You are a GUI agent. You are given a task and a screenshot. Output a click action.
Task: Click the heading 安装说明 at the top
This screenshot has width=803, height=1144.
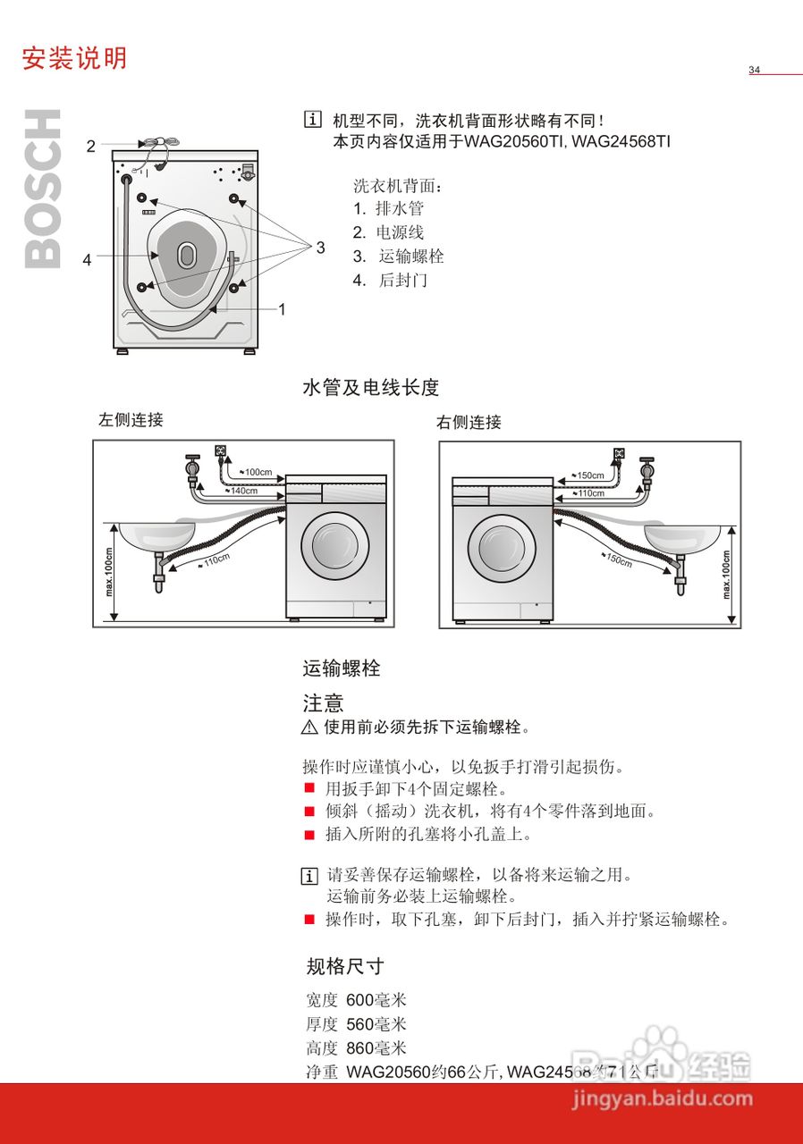click(75, 58)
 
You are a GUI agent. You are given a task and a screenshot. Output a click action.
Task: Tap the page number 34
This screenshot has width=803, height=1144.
click(754, 70)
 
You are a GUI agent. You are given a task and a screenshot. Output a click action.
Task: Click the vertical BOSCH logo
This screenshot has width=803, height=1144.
click(43, 189)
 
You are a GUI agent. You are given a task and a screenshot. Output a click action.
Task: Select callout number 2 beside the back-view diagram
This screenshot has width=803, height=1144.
click(90, 147)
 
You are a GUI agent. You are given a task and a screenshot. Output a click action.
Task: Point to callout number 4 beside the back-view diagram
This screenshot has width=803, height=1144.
click(87, 260)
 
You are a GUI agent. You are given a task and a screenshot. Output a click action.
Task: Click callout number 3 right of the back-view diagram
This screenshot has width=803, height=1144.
click(320, 248)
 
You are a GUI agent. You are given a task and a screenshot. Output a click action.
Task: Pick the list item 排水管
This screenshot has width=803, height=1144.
click(399, 208)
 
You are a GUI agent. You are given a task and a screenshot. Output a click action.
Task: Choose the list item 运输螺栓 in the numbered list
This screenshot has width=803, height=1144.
click(410, 257)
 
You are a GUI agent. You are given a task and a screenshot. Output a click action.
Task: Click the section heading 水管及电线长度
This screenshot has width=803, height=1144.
click(371, 387)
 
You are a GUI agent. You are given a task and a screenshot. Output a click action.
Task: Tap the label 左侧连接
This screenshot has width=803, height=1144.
click(131, 419)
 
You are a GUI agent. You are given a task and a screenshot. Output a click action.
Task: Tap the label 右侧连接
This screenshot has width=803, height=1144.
click(469, 422)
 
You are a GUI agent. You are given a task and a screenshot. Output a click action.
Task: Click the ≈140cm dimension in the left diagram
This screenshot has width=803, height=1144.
click(243, 491)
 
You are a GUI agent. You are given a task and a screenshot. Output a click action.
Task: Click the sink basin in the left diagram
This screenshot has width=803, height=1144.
click(157, 536)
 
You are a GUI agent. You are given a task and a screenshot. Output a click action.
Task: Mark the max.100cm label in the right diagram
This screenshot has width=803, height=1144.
click(725, 574)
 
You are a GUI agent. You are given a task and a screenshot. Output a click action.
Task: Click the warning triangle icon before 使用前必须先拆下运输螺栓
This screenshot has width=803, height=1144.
click(309, 728)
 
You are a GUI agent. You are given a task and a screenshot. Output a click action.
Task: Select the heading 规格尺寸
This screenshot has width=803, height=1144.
click(345, 966)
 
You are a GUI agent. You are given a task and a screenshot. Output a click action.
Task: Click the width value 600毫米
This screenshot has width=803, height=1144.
click(376, 1000)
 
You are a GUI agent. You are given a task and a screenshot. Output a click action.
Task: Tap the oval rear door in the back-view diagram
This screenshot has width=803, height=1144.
click(186, 255)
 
